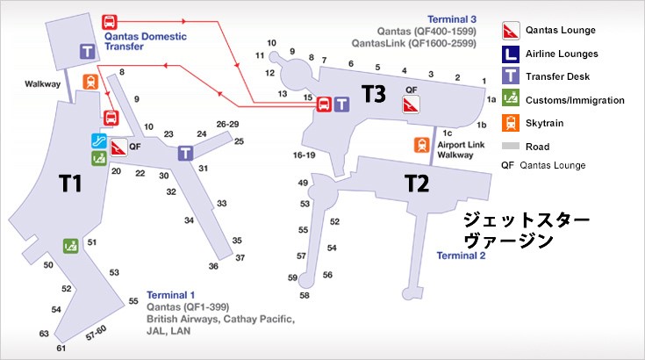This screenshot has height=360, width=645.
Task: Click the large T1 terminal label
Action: point(69,183)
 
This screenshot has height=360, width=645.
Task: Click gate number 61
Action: point(61,349)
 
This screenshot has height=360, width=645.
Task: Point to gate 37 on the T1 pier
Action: point(240,257)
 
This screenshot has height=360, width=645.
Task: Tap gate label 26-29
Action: point(227,124)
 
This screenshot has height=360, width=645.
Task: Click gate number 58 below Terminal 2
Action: point(305,296)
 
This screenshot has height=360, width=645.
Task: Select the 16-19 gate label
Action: point(304,155)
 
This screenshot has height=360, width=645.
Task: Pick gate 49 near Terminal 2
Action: point(303,183)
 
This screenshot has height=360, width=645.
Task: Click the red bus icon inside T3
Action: point(323,103)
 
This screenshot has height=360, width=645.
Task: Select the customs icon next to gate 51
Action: point(69,245)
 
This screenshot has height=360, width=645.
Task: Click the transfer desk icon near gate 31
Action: point(185,153)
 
